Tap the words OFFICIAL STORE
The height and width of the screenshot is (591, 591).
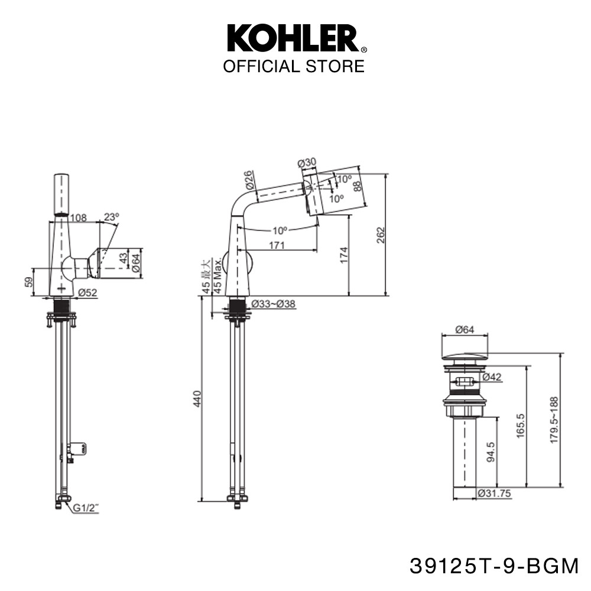pos(294,66)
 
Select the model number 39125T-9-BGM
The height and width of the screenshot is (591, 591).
pos(493,566)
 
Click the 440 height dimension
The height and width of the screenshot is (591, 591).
pos(197,399)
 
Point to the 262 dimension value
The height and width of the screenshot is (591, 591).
pos(381,235)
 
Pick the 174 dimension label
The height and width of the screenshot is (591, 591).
pos(344,255)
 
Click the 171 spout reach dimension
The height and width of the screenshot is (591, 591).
pos(277,245)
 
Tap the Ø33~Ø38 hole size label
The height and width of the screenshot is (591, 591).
pos(273,304)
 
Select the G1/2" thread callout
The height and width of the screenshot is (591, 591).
pos(86,508)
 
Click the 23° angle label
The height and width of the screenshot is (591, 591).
pos(112,217)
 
